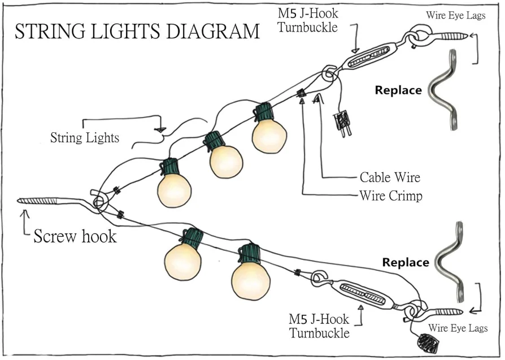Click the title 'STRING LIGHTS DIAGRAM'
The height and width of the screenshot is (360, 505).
click(137, 32)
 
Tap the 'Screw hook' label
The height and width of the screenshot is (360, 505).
click(75, 236)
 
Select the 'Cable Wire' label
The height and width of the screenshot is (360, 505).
click(390, 177)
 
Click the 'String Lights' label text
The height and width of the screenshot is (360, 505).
click(85, 137)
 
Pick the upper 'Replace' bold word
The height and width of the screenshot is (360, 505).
click(399, 90)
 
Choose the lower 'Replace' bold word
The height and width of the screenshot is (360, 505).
click(406, 262)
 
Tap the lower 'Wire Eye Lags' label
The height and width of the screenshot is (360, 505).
click(458, 328)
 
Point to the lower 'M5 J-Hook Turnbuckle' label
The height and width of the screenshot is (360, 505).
click(319, 326)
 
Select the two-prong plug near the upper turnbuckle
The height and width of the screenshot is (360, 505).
click(343, 124)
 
